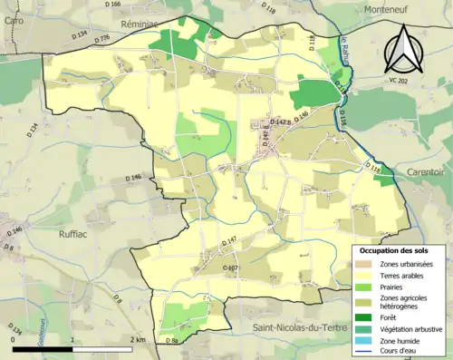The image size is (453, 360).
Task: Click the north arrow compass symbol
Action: (x=404, y=50)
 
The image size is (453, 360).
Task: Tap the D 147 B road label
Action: (x=284, y=121)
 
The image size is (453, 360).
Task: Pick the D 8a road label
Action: (x=172, y=340)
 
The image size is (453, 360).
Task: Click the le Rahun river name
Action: (x=345, y=53)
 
